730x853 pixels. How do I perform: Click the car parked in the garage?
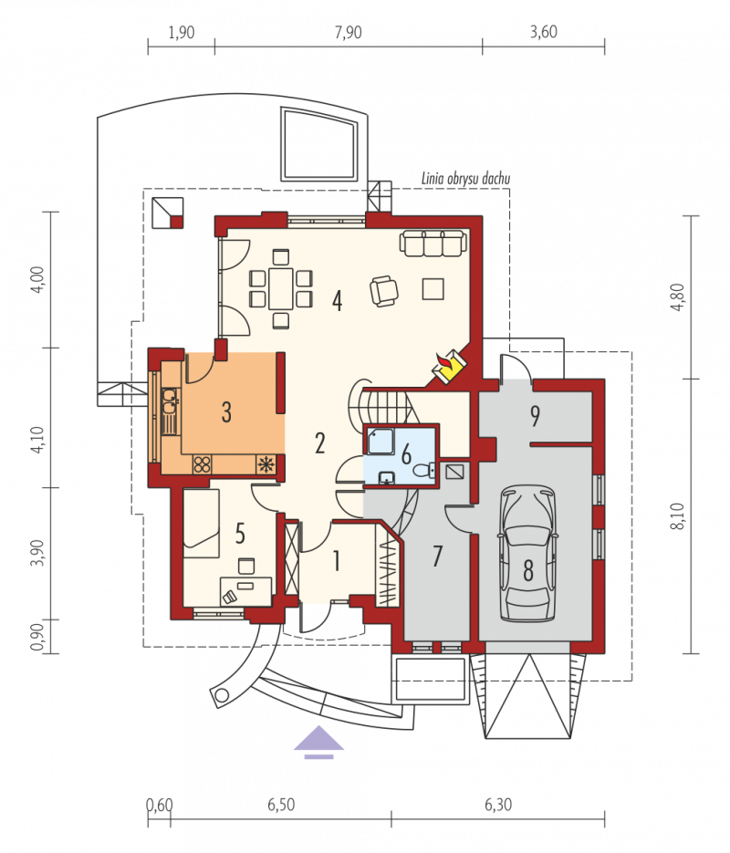click(x=527, y=553)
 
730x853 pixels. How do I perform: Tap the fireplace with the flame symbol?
click(x=449, y=366)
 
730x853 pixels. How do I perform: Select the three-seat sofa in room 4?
click(x=433, y=243)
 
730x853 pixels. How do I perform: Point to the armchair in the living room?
click(x=384, y=290)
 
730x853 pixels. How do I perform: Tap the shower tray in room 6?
click(x=381, y=442)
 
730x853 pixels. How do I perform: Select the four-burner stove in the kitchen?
click(x=203, y=464)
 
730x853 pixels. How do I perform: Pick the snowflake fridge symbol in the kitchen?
click(x=266, y=464)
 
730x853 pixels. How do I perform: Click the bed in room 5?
click(x=202, y=523)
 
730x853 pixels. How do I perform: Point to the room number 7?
click(x=437, y=556)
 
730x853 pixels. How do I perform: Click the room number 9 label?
click(x=536, y=416)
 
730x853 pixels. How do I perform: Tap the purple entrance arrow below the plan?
click(x=318, y=742)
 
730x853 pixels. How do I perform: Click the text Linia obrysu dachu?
click(x=465, y=179)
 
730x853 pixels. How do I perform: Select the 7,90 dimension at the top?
click(x=349, y=33)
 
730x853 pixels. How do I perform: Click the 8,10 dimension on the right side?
click(x=677, y=516)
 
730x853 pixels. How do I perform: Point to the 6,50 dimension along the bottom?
click(x=281, y=805)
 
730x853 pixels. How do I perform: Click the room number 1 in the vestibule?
click(x=337, y=560)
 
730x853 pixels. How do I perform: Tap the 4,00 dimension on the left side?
click(x=37, y=279)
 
